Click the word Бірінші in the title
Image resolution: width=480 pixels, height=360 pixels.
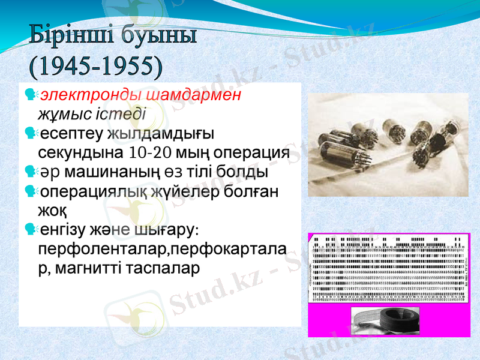[x=67, y=37]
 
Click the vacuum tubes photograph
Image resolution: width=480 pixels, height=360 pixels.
[x=388, y=145]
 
